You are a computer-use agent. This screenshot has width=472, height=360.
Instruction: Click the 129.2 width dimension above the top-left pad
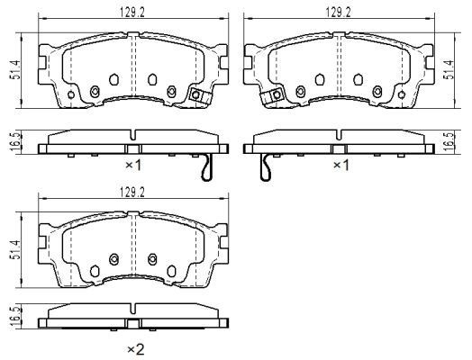(132, 13)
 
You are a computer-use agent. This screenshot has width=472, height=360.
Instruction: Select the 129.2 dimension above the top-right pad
(338, 13)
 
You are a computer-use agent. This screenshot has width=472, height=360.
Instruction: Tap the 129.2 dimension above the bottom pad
(132, 193)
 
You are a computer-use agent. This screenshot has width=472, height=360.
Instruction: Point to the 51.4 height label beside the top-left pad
(15, 70)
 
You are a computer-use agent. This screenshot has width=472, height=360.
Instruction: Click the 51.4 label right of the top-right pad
(449, 70)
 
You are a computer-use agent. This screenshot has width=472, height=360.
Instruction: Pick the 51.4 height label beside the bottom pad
(15, 249)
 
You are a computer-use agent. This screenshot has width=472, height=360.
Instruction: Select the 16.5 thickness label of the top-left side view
(16, 141)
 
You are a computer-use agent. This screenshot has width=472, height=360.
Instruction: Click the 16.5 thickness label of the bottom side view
(16, 317)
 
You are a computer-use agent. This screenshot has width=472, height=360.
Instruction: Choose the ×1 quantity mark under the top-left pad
(132, 165)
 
